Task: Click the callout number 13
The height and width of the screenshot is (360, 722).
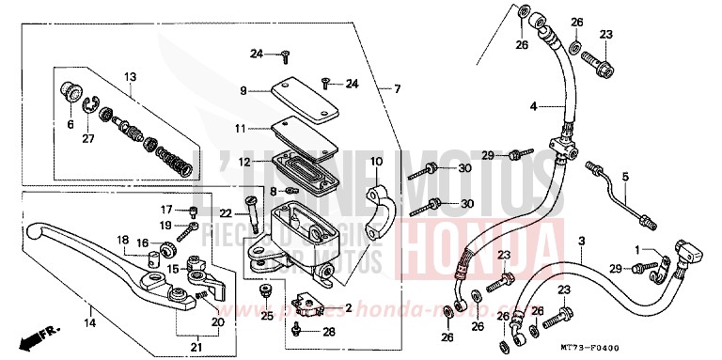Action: [x=130, y=77]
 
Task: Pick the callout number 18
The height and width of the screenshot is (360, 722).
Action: [x=122, y=241]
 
